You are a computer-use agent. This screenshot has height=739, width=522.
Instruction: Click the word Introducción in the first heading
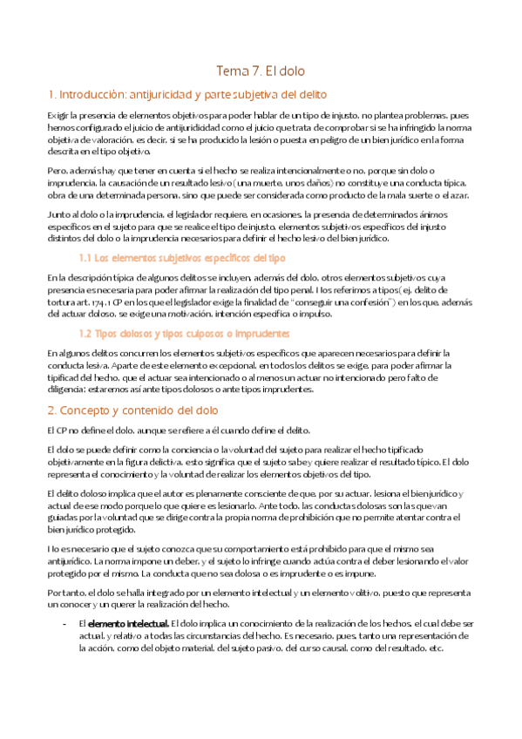pyautogui.click(x=92, y=93)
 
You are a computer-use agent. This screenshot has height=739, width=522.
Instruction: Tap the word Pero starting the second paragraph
pyautogui.click(x=57, y=170)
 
